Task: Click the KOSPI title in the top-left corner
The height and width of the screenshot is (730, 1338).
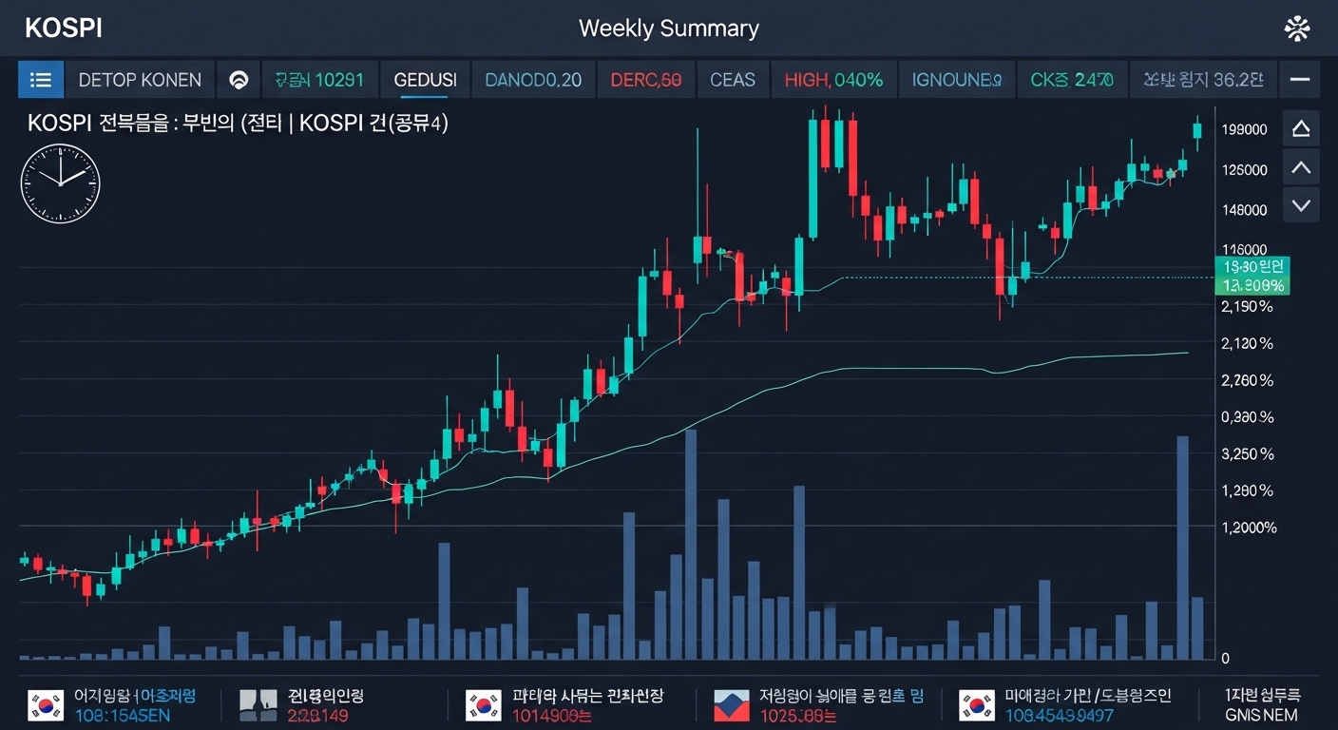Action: click(64, 29)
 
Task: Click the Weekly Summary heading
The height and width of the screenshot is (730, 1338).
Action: click(668, 29)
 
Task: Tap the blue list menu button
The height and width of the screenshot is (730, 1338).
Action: click(41, 80)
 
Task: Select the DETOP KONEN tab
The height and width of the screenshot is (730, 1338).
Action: click(140, 80)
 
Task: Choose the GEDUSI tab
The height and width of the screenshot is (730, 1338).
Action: click(425, 80)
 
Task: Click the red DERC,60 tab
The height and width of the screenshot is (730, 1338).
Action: click(645, 80)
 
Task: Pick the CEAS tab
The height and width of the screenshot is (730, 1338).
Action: click(733, 80)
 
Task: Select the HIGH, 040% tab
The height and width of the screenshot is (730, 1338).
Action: click(833, 80)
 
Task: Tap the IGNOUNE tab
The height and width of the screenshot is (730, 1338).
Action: click(956, 80)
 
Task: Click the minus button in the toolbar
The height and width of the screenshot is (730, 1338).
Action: click(1300, 80)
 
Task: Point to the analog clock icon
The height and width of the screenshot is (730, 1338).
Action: click(60, 183)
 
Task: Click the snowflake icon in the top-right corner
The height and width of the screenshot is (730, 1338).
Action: click(1297, 29)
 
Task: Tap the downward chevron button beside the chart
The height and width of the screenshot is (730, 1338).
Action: click(1301, 204)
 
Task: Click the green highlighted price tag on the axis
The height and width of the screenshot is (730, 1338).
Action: click(1252, 276)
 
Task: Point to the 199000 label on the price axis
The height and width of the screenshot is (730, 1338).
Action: click(1245, 129)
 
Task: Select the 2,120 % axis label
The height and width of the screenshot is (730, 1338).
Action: click(1247, 343)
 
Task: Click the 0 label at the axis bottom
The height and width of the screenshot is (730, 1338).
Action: click(1226, 658)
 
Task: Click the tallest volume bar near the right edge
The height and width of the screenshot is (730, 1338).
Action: click(1183, 547)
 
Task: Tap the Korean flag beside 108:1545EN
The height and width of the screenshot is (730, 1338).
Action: click(45, 705)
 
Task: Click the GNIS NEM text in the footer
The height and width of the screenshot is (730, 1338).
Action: click(1261, 715)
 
